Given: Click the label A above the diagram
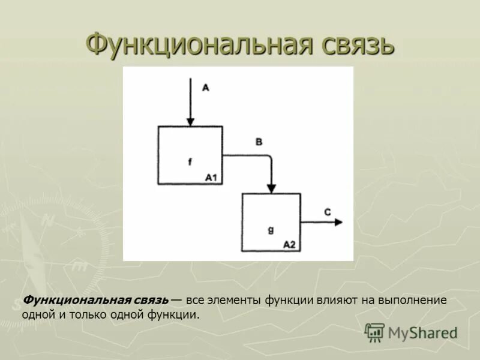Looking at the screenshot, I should (205, 88).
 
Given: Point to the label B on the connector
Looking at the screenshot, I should (259, 142).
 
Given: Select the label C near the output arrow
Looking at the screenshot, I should (327, 212).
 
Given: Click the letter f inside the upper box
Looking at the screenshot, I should (190, 161).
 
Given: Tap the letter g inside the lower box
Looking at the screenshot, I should (271, 229).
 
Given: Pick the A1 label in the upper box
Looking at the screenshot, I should (211, 178).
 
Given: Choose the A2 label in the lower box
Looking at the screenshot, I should (289, 245).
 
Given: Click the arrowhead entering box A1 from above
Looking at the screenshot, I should (190, 121).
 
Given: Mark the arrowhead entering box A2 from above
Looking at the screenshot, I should (271, 188).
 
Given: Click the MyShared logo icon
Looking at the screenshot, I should (374, 332).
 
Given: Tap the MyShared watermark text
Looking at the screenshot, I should (422, 332).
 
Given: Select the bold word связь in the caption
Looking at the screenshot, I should (150, 301).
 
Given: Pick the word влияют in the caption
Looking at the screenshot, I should (337, 301).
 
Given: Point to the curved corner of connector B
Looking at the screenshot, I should (268, 158).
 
